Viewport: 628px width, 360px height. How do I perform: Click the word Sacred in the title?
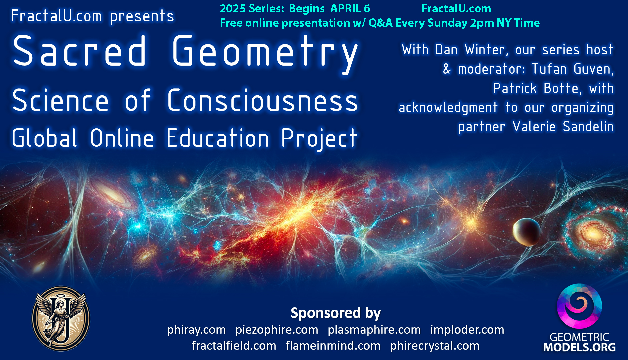pyautogui.click(x=79, y=51)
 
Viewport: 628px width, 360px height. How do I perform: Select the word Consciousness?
pyautogui.click(x=262, y=100)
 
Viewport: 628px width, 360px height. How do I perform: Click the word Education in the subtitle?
pyautogui.click(x=217, y=138)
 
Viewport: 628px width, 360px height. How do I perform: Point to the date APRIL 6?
pyautogui.click(x=350, y=9)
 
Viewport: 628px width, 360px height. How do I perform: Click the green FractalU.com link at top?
pyautogui.click(x=456, y=9)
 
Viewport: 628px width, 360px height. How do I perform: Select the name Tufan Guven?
pyautogui.click(x=572, y=69)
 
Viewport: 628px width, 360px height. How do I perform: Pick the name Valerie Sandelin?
pyautogui.click(x=563, y=127)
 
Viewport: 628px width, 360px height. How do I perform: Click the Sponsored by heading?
pyautogui.click(x=335, y=313)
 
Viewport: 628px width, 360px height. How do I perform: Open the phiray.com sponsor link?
pyautogui.click(x=196, y=330)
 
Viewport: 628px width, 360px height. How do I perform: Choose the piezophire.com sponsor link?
pyautogui.click(x=277, y=330)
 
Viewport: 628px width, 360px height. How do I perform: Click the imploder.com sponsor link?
pyautogui.click(x=467, y=330)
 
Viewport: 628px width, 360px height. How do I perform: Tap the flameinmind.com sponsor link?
pyautogui.click(x=333, y=346)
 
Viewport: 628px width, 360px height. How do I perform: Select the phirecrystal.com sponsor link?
pyautogui.click(x=435, y=346)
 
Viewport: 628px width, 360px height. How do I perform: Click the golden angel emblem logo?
pyautogui.click(x=61, y=319)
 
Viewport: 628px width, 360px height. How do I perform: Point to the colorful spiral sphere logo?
pyautogui.click(x=579, y=306)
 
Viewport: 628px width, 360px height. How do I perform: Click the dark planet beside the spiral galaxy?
pyautogui.click(x=526, y=232)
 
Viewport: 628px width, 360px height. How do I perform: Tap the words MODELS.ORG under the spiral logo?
pyautogui.click(x=579, y=347)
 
